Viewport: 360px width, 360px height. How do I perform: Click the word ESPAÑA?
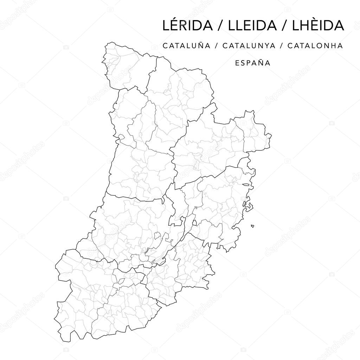(253, 63)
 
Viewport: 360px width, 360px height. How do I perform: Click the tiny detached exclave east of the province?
(252, 226)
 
